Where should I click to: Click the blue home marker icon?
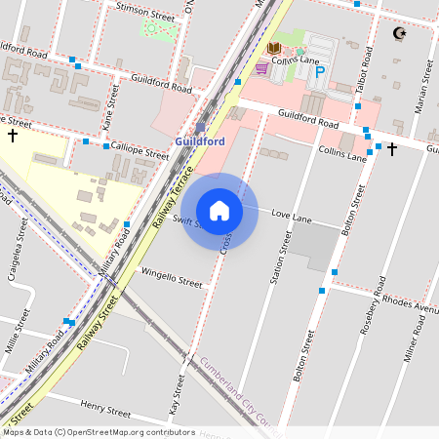pyautogui.click(x=219, y=210)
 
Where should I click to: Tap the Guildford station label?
pyautogui.click(x=200, y=141)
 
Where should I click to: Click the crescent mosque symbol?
pyautogui.click(x=397, y=34)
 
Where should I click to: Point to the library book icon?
pyautogui.click(x=274, y=48)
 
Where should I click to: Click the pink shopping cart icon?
pyautogui.click(x=261, y=68)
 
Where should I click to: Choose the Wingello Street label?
pyautogui.click(x=171, y=278)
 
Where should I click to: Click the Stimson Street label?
pyautogui.click(x=144, y=12)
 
